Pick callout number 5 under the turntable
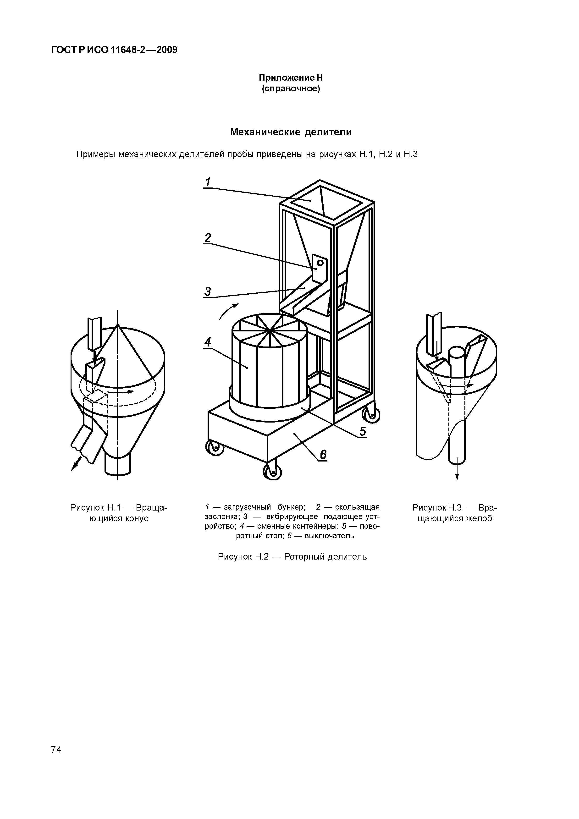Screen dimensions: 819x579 click(x=363, y=431)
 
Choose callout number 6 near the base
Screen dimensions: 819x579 click(x=323, y=455)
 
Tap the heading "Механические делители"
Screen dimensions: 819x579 click(x=291, y=132)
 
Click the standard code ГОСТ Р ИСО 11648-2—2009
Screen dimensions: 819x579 click(x=114, y=50)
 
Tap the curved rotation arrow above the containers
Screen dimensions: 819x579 click(x=228, y=311)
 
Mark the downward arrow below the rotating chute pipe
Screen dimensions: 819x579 click(x=457, y=473)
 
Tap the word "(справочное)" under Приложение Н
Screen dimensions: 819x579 click(x=291, y=88)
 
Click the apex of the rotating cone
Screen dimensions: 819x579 click(x=118, y=325)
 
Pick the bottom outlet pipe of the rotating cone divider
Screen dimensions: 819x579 click(x=118, y=464)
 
